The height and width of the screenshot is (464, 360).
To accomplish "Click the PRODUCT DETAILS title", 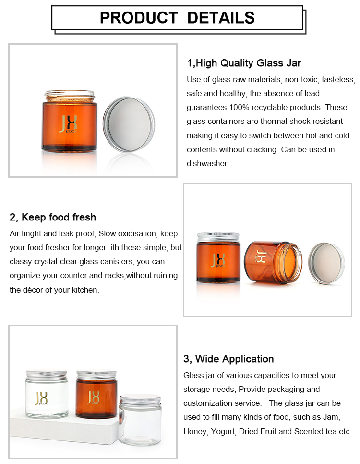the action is click(x=177, y=18).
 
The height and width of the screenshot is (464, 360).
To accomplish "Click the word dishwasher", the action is click(x=207, y=163).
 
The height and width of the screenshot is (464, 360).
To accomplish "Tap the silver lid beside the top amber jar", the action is click(x=129, y=124).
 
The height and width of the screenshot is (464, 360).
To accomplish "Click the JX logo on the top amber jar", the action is click(x=68, y=124).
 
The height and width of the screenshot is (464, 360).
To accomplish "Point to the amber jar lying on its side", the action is click(x=273, y=262).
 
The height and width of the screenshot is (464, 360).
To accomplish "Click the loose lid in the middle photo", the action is click(x=326, y=263).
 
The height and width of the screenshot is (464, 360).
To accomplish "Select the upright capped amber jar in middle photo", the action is click(x=218, y=257).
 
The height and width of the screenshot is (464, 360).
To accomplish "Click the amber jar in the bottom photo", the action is click(x=96, y=395).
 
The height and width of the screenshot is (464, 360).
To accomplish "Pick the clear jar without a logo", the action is click(x=140, y=420).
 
